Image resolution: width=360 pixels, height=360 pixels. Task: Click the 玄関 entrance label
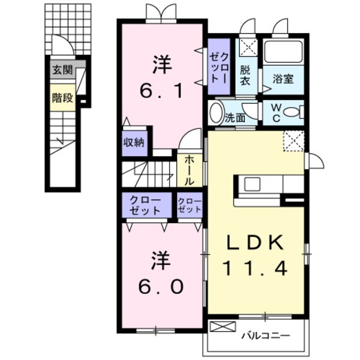tap(62, 70)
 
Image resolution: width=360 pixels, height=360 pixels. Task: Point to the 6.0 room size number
tap(161, 287)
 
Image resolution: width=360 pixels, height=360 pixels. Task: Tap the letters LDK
tap(255, 242)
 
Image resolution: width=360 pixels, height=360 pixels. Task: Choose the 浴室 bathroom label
tap(284, 79)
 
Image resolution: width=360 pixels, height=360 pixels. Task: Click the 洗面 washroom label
tap(235, 118)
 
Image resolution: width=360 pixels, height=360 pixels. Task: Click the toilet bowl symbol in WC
tap(291, 112)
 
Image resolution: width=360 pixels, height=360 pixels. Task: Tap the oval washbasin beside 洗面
tap(216, 113)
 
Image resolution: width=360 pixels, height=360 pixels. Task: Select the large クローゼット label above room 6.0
tap(146, 206)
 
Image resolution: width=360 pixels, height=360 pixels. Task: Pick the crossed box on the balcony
tap(219, 328)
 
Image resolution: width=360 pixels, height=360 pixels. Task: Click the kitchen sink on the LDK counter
tap(252, 184)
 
